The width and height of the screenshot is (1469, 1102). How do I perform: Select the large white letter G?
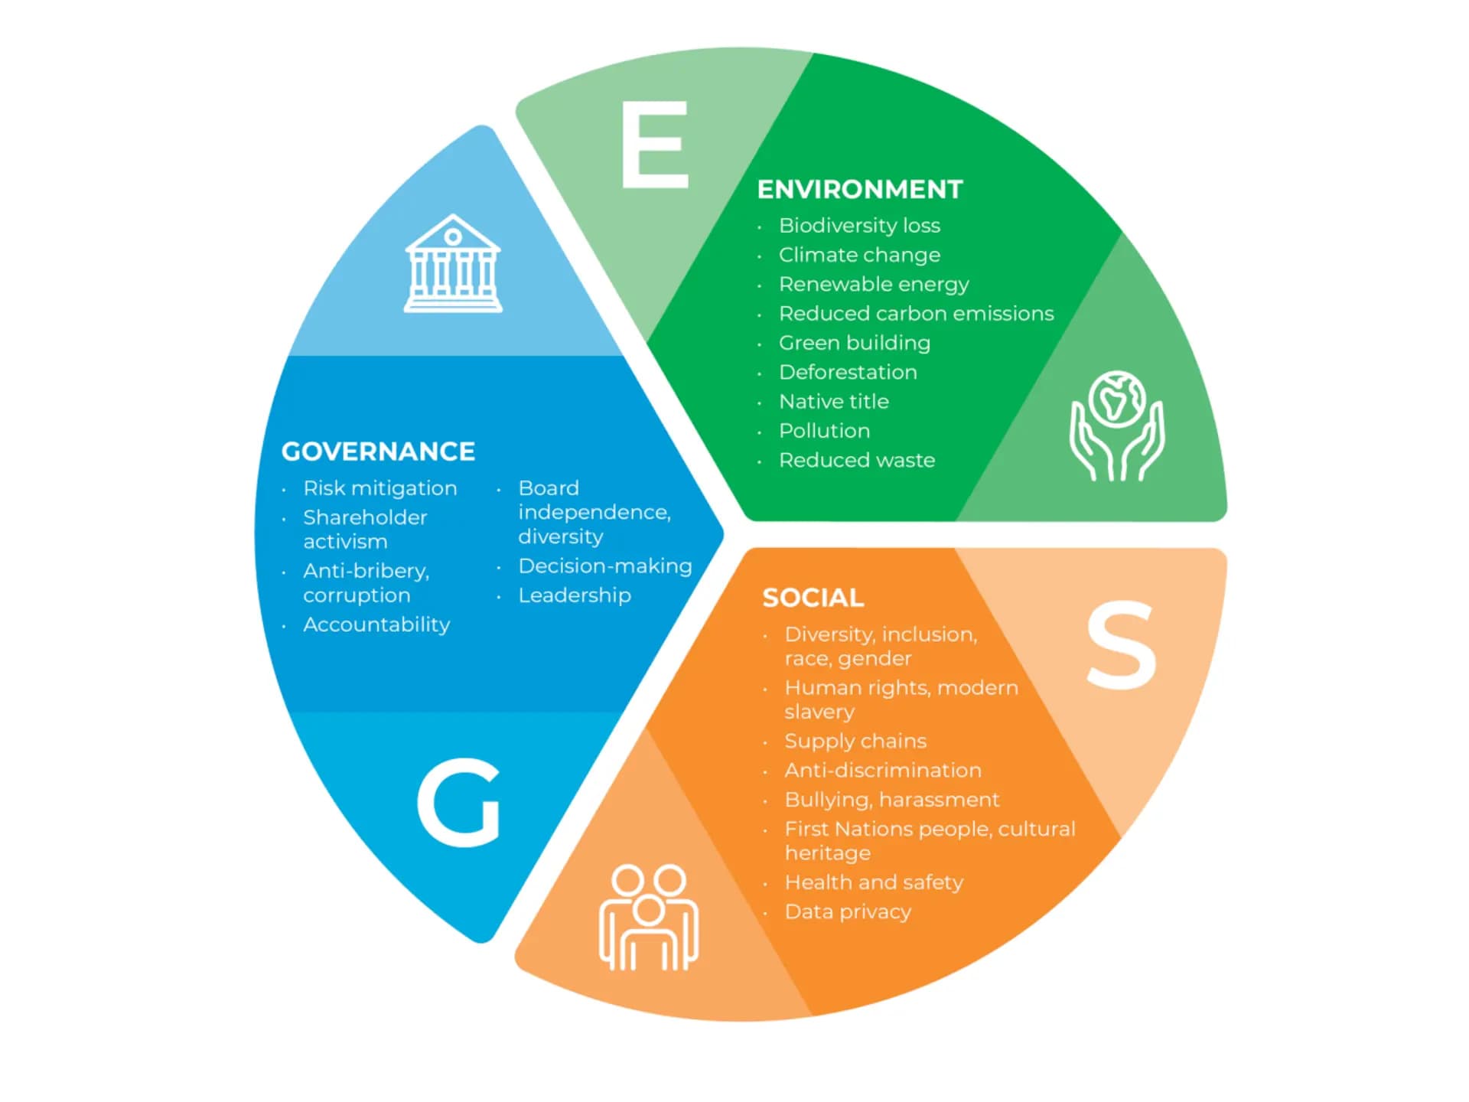point(459,802)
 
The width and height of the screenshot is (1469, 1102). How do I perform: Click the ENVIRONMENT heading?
point(860,189)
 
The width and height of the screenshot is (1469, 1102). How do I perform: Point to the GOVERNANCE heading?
point(378,452)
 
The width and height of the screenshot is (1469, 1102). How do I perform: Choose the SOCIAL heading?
point(813,598)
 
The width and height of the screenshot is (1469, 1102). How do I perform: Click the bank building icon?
point(453,263)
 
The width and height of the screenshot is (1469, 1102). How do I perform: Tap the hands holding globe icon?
point(1117,425)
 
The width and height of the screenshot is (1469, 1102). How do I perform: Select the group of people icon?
point(649,918)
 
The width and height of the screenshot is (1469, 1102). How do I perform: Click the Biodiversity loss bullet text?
point(859,226)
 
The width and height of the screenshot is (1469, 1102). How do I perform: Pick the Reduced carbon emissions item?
point(916,314)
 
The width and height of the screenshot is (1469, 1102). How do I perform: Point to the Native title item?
point(834,402)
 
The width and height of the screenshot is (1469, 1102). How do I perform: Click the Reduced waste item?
point(857,460)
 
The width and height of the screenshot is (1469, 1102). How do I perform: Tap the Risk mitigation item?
point(380,488)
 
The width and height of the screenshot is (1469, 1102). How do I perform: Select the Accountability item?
point(376,624)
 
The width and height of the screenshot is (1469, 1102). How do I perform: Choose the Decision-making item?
point(605,566)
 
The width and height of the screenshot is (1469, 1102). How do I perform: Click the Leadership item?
point(575,595)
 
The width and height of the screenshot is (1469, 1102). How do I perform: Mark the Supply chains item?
point(855,742)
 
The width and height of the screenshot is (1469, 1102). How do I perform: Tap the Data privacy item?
point(848,912)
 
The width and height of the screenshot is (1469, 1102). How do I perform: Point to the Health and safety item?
point(874,882)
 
